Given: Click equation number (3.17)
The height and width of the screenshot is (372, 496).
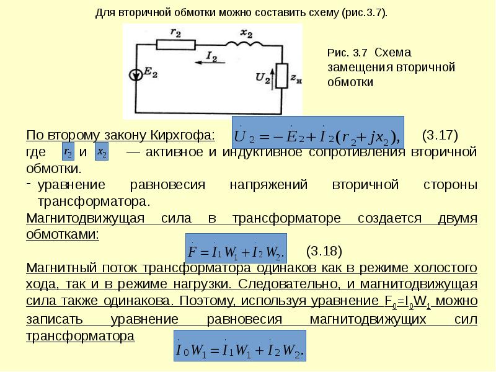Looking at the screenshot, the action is coord(439,135).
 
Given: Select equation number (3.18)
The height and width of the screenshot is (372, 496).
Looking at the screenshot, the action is coord(324,251).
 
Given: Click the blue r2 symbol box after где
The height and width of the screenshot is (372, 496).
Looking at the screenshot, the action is coord(69,152).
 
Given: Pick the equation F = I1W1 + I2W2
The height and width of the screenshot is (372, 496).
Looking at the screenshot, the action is coord(236,251).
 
